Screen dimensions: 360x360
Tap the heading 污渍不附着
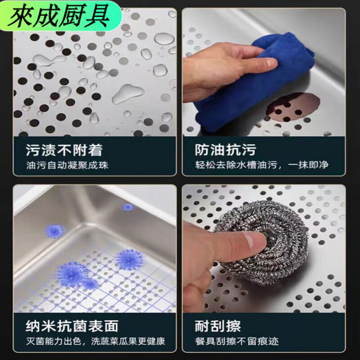click(x=58, y=149)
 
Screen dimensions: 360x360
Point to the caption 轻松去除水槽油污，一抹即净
click(x=261, y=165)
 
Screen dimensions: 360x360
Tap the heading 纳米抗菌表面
click(x=66, y=325)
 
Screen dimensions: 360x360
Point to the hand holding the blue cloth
click(x=211, y=67)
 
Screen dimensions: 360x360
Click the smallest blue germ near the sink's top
click(x=128, y=207)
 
